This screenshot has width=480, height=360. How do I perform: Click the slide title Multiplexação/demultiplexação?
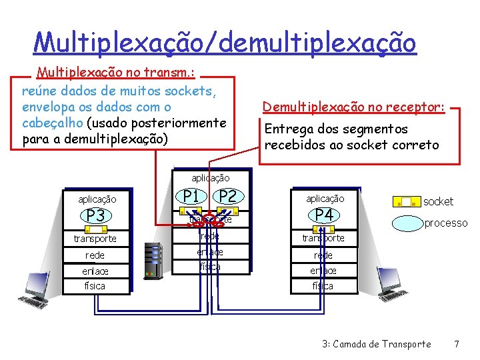[x=225, y=43]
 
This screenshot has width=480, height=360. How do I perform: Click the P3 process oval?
[x=95, y=215]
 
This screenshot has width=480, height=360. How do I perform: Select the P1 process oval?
[x=193, y=196]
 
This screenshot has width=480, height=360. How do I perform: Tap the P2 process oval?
[x=228, y=196]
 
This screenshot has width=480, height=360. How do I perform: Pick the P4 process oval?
[x=324, y=215]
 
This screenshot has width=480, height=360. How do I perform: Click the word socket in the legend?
[x=438, y=201]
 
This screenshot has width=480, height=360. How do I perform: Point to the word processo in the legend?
[x=446, y=223]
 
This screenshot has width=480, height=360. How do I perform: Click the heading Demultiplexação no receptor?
[x=353, y=107]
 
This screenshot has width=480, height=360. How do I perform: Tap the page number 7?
[x=456, y=344]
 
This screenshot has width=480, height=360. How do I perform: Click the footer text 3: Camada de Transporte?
[x=376, y=344]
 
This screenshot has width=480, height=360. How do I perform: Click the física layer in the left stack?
[x=95, y=285]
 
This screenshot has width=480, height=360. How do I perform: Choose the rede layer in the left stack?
[x=95, y=255]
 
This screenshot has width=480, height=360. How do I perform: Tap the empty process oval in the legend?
[x=406, y=223]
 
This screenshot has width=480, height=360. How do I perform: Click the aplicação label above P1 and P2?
[x=211, y=178]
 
